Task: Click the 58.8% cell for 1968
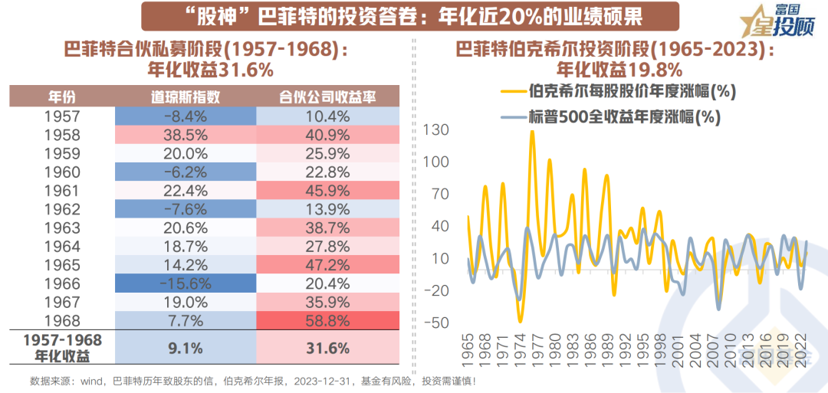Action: [328, 319]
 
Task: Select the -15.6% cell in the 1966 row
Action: [185, 283]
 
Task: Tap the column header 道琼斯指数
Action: [185, 97]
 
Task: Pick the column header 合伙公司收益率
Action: [328, 97]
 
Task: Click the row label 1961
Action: [63, 191]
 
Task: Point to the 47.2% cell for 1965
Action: [328, 264]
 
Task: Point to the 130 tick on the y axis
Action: [435, 130]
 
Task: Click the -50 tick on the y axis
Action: [434, 323]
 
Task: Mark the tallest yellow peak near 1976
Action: [532, 132]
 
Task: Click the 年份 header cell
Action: [63, 97]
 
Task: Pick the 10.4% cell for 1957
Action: [328, 117]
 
